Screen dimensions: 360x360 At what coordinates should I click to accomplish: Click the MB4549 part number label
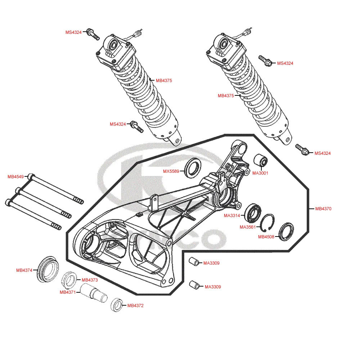(15, 177)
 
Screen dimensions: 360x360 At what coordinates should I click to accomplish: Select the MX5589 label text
(171, 171)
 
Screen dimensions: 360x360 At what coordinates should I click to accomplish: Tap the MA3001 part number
(260, 173)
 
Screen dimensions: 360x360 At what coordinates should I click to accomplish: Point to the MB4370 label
(323, 209)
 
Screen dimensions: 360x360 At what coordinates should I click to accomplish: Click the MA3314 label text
(232, 216)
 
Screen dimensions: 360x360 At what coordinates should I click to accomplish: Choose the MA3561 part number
(248, 227)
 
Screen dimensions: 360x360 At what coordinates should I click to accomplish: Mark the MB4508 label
(266, 237)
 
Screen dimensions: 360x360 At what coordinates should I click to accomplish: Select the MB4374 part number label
(24, 270)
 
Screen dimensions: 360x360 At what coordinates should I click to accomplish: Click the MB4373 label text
(90, 280)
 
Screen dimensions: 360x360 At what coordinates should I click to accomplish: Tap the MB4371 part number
(67, 292)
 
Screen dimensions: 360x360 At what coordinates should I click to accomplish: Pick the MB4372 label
(135, 306)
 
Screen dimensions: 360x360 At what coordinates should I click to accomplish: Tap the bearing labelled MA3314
(254, 212)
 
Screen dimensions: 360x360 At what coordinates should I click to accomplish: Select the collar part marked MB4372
(117, 305)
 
